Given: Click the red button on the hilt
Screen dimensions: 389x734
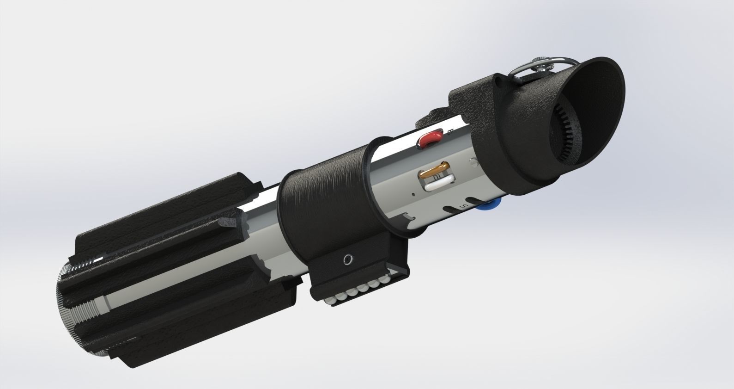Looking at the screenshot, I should [x=429, y=137].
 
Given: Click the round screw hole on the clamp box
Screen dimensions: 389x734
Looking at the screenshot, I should [x=346, y=260].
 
